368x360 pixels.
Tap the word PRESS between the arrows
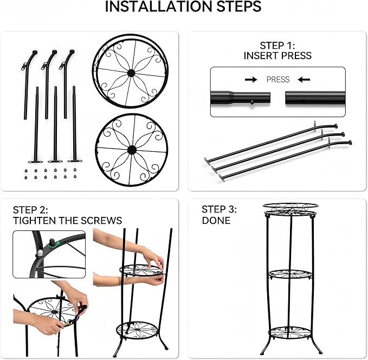278,79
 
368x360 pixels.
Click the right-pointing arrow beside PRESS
251,80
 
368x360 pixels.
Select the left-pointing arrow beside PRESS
304,80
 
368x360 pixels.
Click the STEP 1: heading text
277,45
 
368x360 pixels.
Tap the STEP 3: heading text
219,209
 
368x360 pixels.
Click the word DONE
216,221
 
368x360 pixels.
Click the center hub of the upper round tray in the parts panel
131,73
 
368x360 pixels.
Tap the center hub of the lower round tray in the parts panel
131,150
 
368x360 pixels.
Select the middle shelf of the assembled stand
290,274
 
